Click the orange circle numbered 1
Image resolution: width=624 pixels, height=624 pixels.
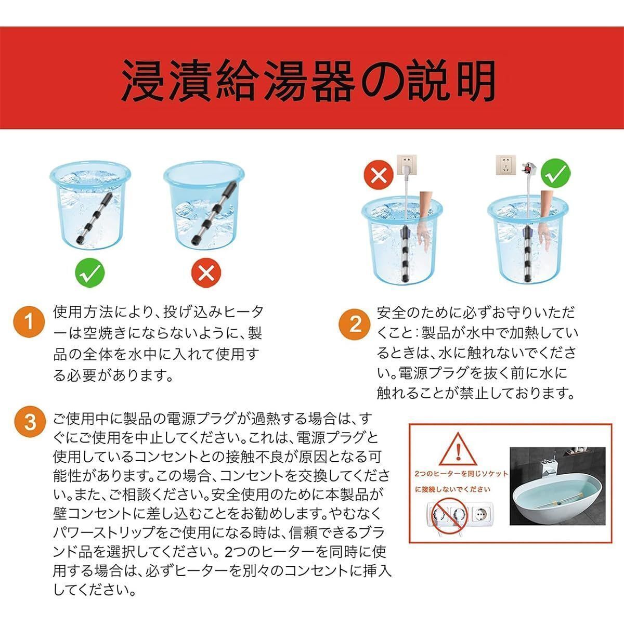coord(30,322)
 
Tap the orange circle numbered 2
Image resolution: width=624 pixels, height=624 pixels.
coord(355,324)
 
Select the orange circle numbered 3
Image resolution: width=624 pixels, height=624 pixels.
coord(31,422)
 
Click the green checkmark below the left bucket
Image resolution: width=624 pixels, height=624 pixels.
coord(89,272)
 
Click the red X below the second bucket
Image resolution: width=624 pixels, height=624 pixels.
coord(206,272)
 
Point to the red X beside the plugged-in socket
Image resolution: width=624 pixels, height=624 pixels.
coord(379,175)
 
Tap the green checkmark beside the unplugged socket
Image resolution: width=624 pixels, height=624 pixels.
coord(556,175)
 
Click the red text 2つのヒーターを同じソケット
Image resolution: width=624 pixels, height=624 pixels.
coord(461,474)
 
